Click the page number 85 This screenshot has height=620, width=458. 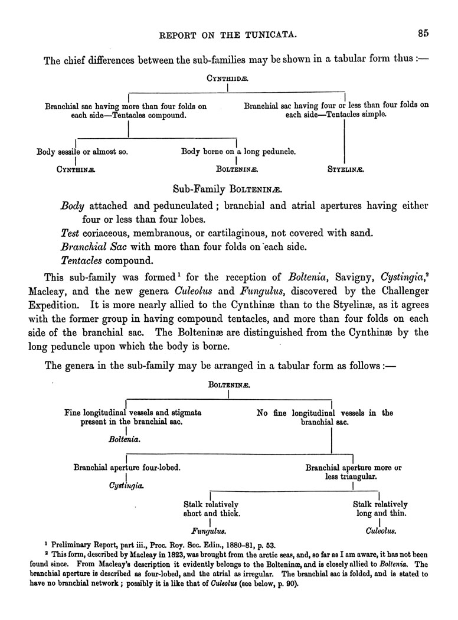point(423,34)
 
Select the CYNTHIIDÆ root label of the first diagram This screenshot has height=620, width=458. point(227,78)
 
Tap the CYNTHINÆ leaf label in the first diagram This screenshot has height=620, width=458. point(76,169)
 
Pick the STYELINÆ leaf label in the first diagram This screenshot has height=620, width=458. point(345,169)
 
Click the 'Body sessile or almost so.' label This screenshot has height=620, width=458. point(82,152)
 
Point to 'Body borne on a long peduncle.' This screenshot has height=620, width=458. point(238,152)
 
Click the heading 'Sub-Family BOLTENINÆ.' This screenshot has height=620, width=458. point(227,190)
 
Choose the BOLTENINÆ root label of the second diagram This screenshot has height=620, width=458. point(229,384)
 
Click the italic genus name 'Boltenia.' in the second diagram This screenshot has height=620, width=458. point(125,439)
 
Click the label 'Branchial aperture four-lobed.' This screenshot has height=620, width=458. point(127,467)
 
